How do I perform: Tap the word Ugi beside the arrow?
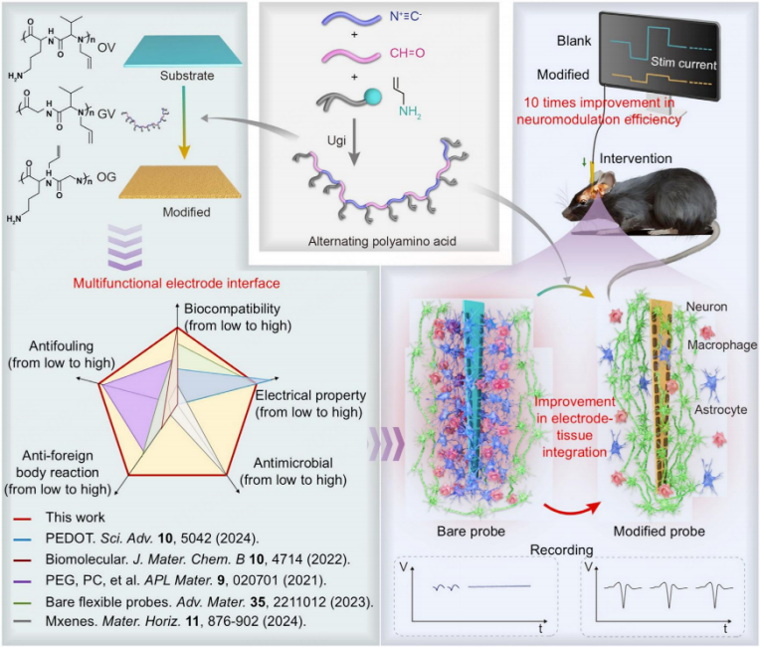pos(336,140)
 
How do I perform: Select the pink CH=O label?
pos(407,53)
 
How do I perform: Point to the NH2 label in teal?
pos(410,112)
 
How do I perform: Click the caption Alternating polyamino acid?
pos(382,241)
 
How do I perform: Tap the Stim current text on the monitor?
pos(683,63)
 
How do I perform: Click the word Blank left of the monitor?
pos(574,41)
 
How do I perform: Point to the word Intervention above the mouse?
pos(636,158)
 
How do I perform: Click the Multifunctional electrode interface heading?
pos(176,284)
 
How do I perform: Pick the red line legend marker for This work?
pos(23,519)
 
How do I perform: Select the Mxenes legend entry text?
pos(175,621)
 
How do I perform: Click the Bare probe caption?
pos(472,532)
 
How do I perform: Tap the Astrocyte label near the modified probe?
pos(721,410)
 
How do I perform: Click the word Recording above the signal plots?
pos(562,550)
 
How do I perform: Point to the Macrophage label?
pos(722,344)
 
